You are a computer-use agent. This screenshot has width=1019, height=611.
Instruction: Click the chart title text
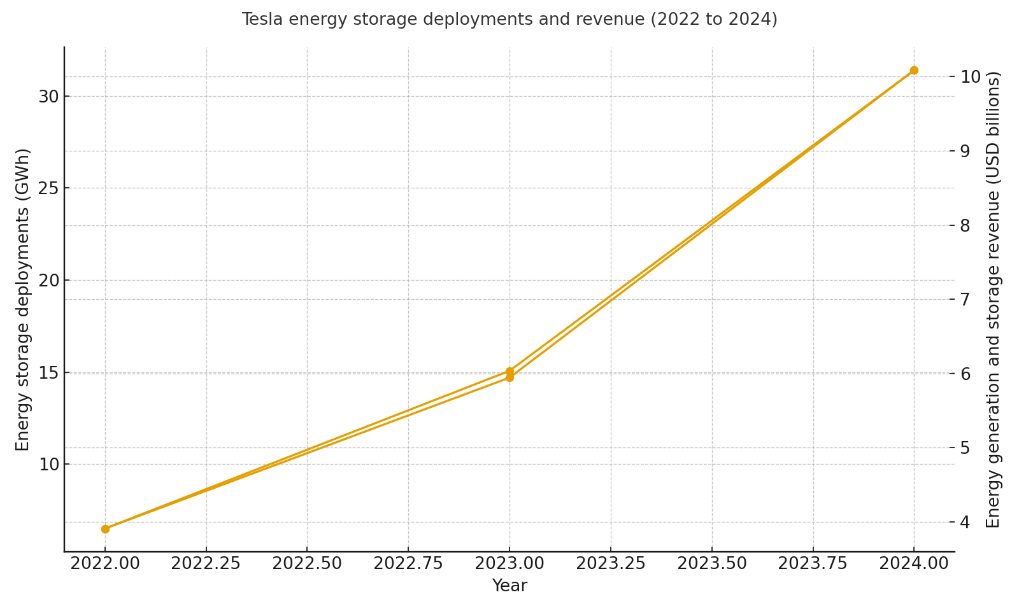click(509, 20)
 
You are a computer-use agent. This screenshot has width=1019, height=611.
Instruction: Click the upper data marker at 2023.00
click(509, 371)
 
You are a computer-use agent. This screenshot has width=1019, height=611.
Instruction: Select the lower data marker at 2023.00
click(509, 377)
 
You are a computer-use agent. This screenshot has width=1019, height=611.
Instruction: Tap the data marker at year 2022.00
click(105, 529)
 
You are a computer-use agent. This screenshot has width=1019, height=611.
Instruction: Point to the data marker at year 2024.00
click(914, 70)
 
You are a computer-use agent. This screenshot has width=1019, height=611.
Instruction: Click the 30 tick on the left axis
click(48, 97)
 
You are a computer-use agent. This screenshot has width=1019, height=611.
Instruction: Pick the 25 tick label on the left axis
click(48, 188)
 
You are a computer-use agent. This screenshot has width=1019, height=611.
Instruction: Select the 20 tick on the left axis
click(48, 281)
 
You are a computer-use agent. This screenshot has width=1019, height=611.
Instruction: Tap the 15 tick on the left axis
click(48, 373)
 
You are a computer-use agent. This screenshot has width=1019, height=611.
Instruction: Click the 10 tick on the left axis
click(48, 465)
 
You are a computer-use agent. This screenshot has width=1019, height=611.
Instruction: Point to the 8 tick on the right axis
click(966, 225)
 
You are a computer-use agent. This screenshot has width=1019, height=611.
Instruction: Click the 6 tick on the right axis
click(966, 374)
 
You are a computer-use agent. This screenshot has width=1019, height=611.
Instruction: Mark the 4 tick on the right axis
click(966, 523)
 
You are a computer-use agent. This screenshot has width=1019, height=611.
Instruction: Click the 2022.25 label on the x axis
click(206, 564)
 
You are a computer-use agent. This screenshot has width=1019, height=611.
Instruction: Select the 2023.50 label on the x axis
click(711, 564)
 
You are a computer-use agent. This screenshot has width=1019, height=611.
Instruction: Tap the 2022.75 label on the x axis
click(408, 564)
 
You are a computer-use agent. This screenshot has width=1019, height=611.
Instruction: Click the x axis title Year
click(509, 586)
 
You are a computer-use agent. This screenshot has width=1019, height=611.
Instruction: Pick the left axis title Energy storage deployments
click(23, 299)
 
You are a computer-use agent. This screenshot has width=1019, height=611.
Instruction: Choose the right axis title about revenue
click(994, 299)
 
